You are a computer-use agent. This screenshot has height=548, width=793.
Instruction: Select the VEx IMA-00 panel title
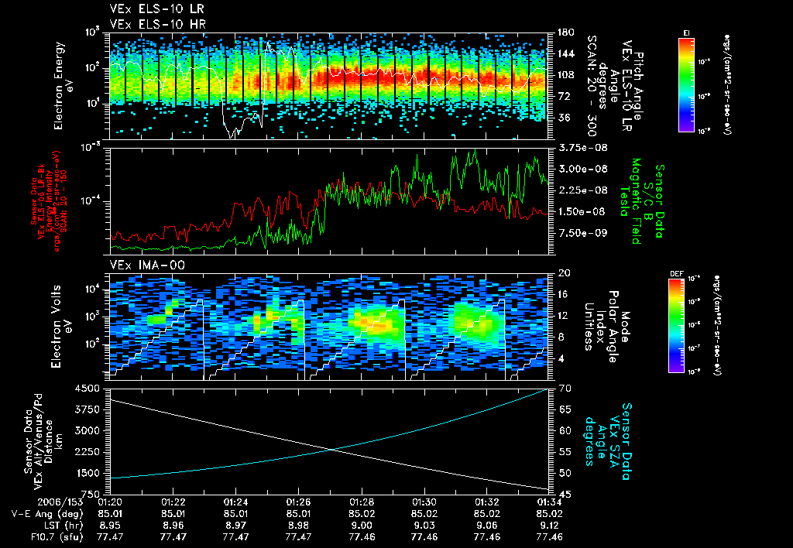click(137, 265)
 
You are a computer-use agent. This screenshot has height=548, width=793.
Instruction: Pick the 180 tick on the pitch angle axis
click(560, 33)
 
